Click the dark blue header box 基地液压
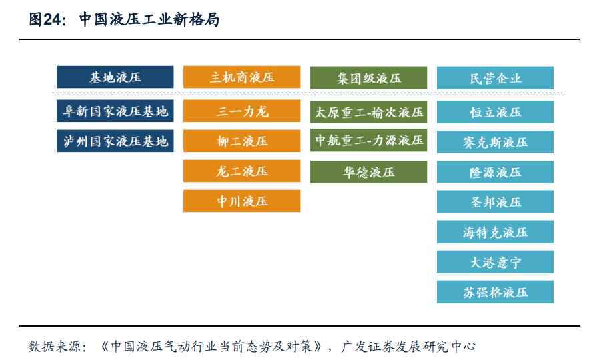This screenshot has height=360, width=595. coord(115,77)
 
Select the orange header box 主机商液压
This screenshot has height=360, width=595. coord(241,77)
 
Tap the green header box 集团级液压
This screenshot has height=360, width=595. coord(368,78)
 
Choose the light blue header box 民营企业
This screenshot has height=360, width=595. coord(495,78)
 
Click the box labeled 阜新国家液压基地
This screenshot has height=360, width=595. coord(115,111)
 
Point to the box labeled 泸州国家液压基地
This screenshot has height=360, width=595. coord(115,141)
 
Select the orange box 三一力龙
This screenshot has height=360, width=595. coord(241,111)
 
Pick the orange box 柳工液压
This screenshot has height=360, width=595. coord(241,141)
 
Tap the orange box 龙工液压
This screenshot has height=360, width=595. coord(241,171)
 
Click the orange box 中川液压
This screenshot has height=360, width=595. coord(241,201)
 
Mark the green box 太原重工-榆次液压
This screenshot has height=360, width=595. coord(368,112)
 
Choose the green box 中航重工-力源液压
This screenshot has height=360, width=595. coord(368,140)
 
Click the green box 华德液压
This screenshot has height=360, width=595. coord(368,172)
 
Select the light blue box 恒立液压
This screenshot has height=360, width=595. coord(495,112)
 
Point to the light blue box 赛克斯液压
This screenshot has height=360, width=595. coord(495,142)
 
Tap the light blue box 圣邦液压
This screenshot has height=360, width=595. coord(495,202)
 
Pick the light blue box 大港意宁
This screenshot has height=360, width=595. coord(495,262)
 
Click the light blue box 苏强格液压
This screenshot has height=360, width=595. coord(495,292)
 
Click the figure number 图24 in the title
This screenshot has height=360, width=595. coord(45,19)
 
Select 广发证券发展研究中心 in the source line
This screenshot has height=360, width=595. coord(408,346)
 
